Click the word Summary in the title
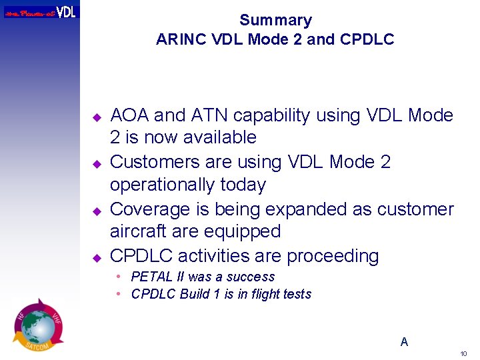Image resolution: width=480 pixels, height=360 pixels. coord(275,21)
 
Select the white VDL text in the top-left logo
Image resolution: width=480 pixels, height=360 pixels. coord(66,11)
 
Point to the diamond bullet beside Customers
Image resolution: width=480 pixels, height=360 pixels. coord(96,163)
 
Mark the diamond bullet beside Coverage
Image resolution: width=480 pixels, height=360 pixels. coord(96,211)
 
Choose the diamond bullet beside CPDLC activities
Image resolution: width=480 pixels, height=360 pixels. coord(96,257)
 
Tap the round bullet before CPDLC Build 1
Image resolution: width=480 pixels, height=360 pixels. coord(118,294)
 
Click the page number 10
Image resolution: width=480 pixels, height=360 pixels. coord(463,353)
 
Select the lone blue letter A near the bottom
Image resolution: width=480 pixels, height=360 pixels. coord(404,342)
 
